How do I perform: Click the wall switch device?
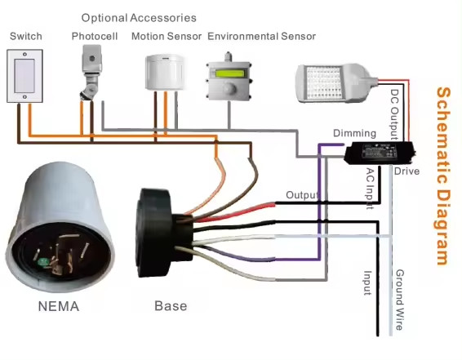[24, 76]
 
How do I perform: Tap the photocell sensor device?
[91, 72]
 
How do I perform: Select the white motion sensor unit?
[165, 72]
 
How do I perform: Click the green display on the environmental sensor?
[229, 73]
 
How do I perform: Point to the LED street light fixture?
[336, 83]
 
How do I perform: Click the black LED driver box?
[380, 153]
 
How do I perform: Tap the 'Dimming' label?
[354, 133]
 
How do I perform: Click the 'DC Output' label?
[394, 114]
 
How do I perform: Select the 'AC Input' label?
[370, 189]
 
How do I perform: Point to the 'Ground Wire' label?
[399, 300]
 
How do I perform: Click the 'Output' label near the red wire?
[303, 195]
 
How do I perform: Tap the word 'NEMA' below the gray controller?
[59, 306]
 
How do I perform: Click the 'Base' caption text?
[171, 306]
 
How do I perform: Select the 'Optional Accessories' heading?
[139, 18]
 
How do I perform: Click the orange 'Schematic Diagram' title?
[443, 176]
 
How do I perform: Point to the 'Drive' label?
[406, 171]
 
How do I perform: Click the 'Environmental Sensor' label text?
[262, 36]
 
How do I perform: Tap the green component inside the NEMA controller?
[43, 262]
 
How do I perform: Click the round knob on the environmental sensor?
[229, 87]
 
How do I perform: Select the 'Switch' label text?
[26, 36]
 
